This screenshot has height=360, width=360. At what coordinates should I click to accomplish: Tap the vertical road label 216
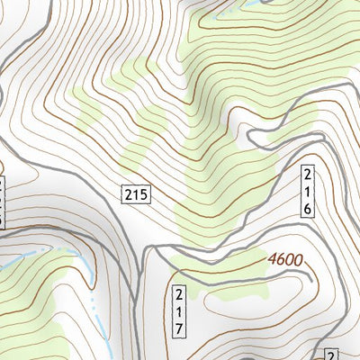click(x=307, y=191)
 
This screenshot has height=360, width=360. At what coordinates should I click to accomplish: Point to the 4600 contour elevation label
click(x=285, y=260)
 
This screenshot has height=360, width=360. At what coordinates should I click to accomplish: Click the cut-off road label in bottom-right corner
click(x=331, y=354)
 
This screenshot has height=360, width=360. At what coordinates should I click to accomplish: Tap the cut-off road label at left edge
click(x=3, y=200)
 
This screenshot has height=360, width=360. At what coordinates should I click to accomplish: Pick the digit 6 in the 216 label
click(x=307, y=207)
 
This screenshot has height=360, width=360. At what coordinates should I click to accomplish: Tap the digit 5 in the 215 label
click(x=143, y=193)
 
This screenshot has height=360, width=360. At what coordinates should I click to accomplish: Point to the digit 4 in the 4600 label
click(x=272, y=261)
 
